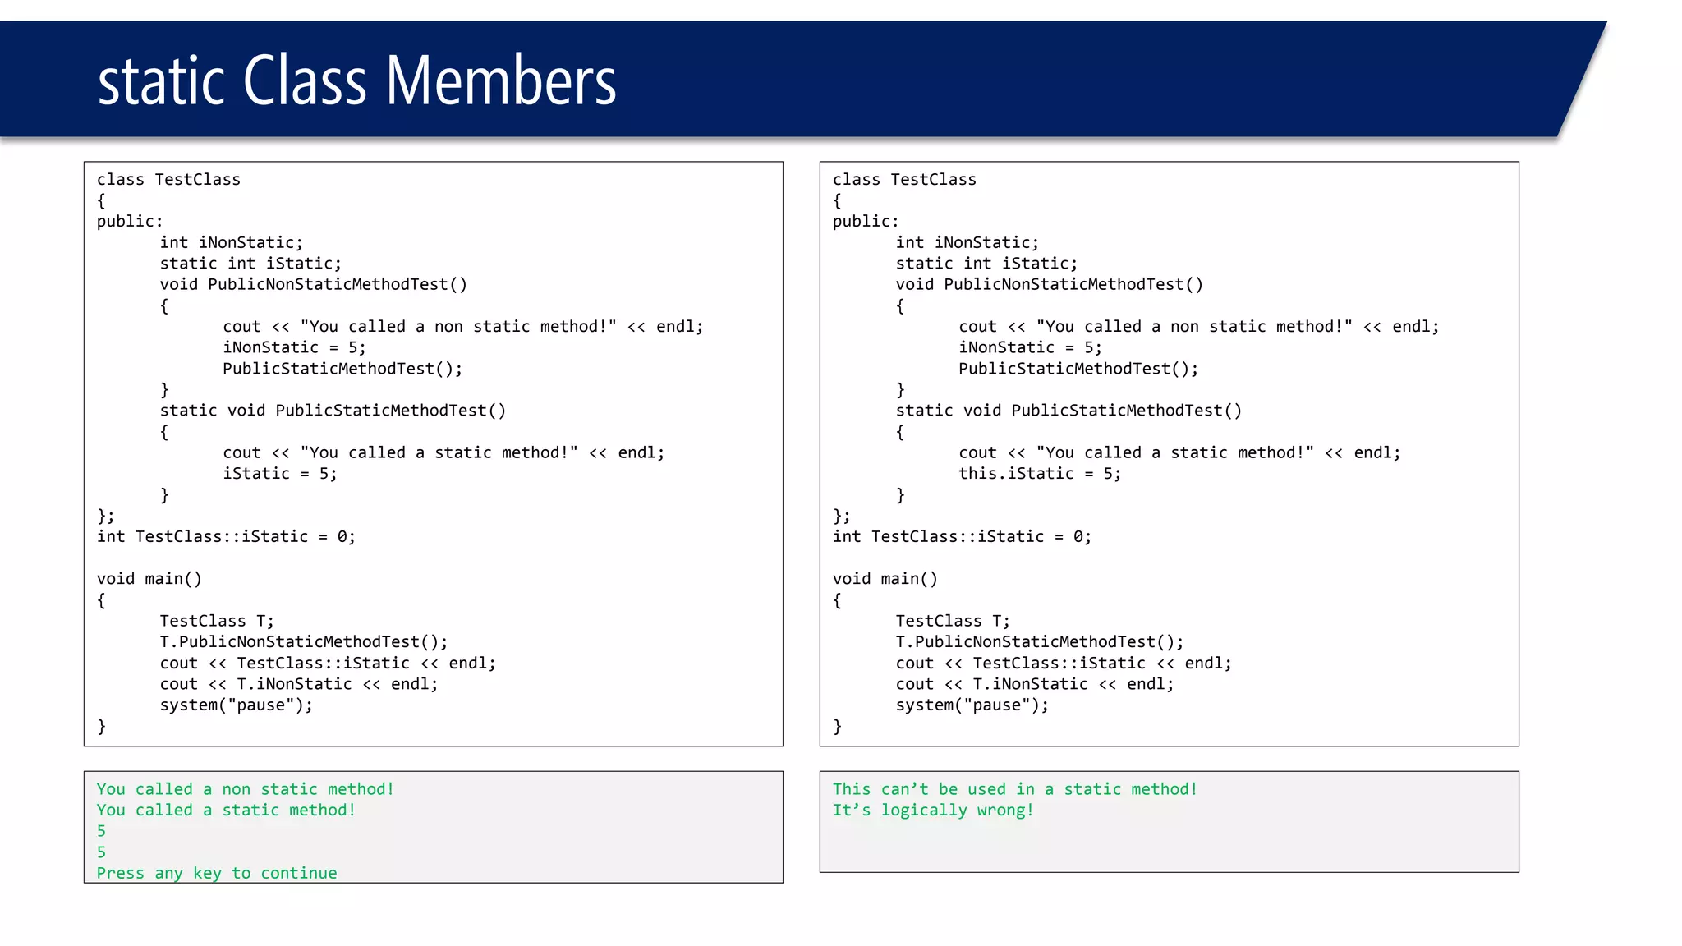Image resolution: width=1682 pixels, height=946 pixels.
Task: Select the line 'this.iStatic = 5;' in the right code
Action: pos(1039,474)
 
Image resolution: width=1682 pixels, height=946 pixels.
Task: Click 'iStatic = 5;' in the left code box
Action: pos(279,474)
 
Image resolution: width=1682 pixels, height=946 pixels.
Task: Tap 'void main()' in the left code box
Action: pos(149,579)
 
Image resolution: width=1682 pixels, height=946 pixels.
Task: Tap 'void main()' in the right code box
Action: pos(885,579)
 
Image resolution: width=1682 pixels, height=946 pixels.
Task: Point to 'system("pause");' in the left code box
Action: pos(236,705)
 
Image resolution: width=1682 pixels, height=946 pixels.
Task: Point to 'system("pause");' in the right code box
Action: pos(972,705)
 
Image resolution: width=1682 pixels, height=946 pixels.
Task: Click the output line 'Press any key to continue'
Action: pos(217,873)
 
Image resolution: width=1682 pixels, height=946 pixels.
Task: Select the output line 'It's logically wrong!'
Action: pos(933,811)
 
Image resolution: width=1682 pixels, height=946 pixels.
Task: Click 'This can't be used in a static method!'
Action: pos(1014,789)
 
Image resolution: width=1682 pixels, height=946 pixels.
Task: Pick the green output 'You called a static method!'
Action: pos(226,811)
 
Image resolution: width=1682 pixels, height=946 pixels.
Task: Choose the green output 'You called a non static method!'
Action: pos(245,789)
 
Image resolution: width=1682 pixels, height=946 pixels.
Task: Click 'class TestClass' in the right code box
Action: pos(904,180)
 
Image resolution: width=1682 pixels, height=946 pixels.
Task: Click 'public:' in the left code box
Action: pos(130,222)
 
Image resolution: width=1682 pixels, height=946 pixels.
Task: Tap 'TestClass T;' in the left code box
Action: pos(217,621)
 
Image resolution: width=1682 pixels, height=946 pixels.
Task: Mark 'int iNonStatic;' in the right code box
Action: pos(967,243)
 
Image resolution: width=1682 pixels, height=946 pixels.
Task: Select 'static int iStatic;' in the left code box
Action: pos(250,264)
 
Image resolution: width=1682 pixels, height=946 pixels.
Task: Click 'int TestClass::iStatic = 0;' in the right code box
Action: pos(962,537)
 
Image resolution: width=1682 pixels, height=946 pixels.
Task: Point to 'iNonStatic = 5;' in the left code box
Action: pos(294,348)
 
